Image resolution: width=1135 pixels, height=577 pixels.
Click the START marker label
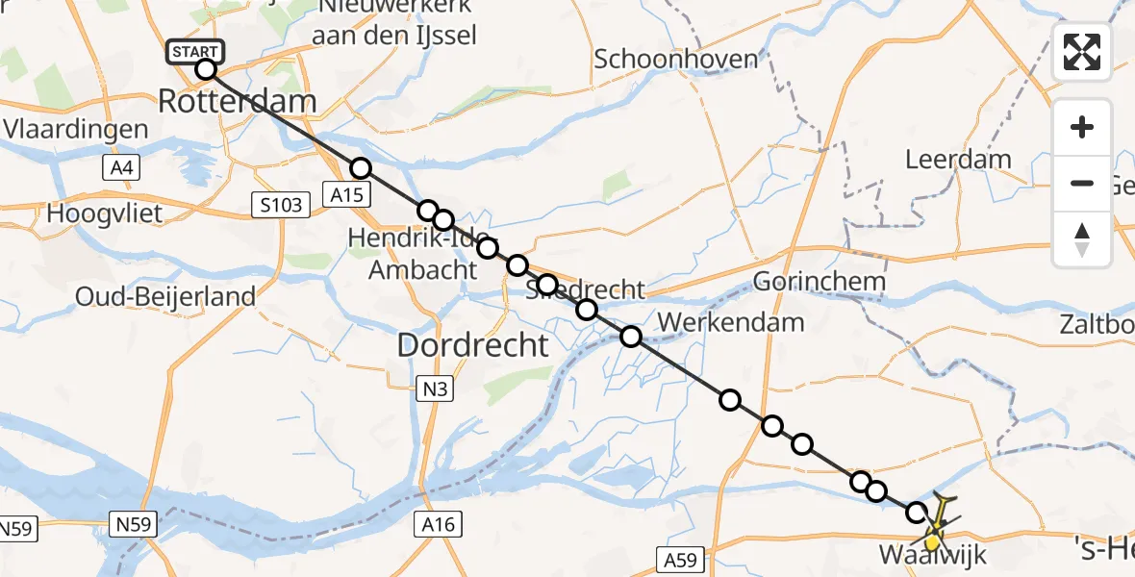click(x=196, y=51)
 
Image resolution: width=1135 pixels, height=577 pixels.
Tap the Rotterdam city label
click(x=237, y=101)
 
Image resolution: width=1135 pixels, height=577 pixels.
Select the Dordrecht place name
click(x=472, y=345)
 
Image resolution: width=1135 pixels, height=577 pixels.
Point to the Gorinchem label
click(x=819, y=282)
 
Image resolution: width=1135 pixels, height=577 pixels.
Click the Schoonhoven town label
click(x=675, y=59)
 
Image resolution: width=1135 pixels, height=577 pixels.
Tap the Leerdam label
click(x=958, y=159)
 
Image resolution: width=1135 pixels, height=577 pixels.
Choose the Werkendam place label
click(x=733, y=321)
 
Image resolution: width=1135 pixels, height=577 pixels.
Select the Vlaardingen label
click(x=76, y=129)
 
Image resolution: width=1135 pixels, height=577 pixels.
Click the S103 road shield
click(x=281, y=204)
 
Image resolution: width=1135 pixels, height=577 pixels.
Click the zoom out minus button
click(x=1082, y=183)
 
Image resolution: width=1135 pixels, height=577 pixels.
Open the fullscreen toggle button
click(x=1082, y=52)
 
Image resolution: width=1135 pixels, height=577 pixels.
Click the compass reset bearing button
click(x=1082, y=238)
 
